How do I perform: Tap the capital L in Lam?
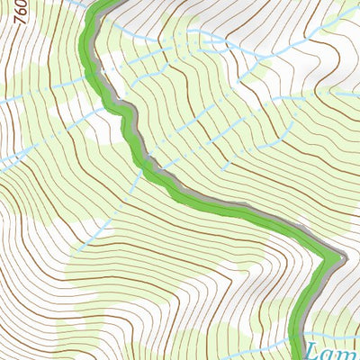click(x=312, y=350)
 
